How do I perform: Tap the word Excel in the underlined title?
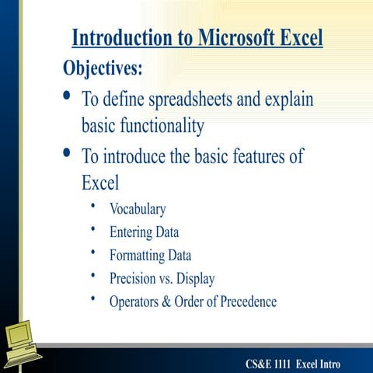tap(299, 37)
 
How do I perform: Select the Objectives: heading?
tap(103, 68)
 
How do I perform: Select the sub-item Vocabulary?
tap(138, 208)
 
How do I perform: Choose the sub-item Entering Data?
tap(144, 232)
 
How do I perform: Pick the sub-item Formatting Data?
tap(150, 255)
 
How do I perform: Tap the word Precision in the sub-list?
tap(135, 278)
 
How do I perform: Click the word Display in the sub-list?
tap(194, 278)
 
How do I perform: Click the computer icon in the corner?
tap(23, 340)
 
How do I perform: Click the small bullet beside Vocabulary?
tap(93, 206)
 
